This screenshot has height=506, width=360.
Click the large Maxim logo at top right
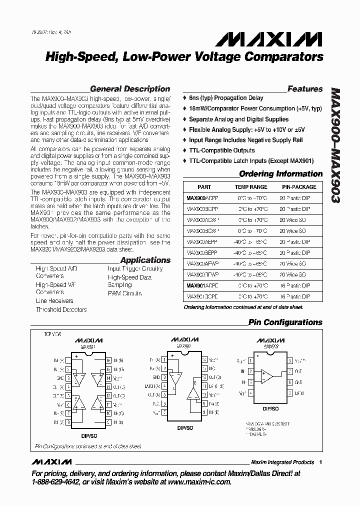point(272,39)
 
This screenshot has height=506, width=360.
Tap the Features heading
point(305,89)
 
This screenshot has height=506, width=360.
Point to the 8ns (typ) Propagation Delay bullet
point(225,98)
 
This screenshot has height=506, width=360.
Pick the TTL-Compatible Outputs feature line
point(221,150)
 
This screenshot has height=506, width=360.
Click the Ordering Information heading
point(280,174)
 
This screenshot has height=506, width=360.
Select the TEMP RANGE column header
point(251,187)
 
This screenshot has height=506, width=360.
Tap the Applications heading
point(145,260)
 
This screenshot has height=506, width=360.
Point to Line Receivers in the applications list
point(54,301)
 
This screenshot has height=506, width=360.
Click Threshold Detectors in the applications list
point(61,309)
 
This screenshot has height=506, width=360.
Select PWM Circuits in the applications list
point(124,293)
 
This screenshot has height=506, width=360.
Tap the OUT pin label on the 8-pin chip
point(298,371)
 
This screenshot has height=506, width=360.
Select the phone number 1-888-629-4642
point(56,481)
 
